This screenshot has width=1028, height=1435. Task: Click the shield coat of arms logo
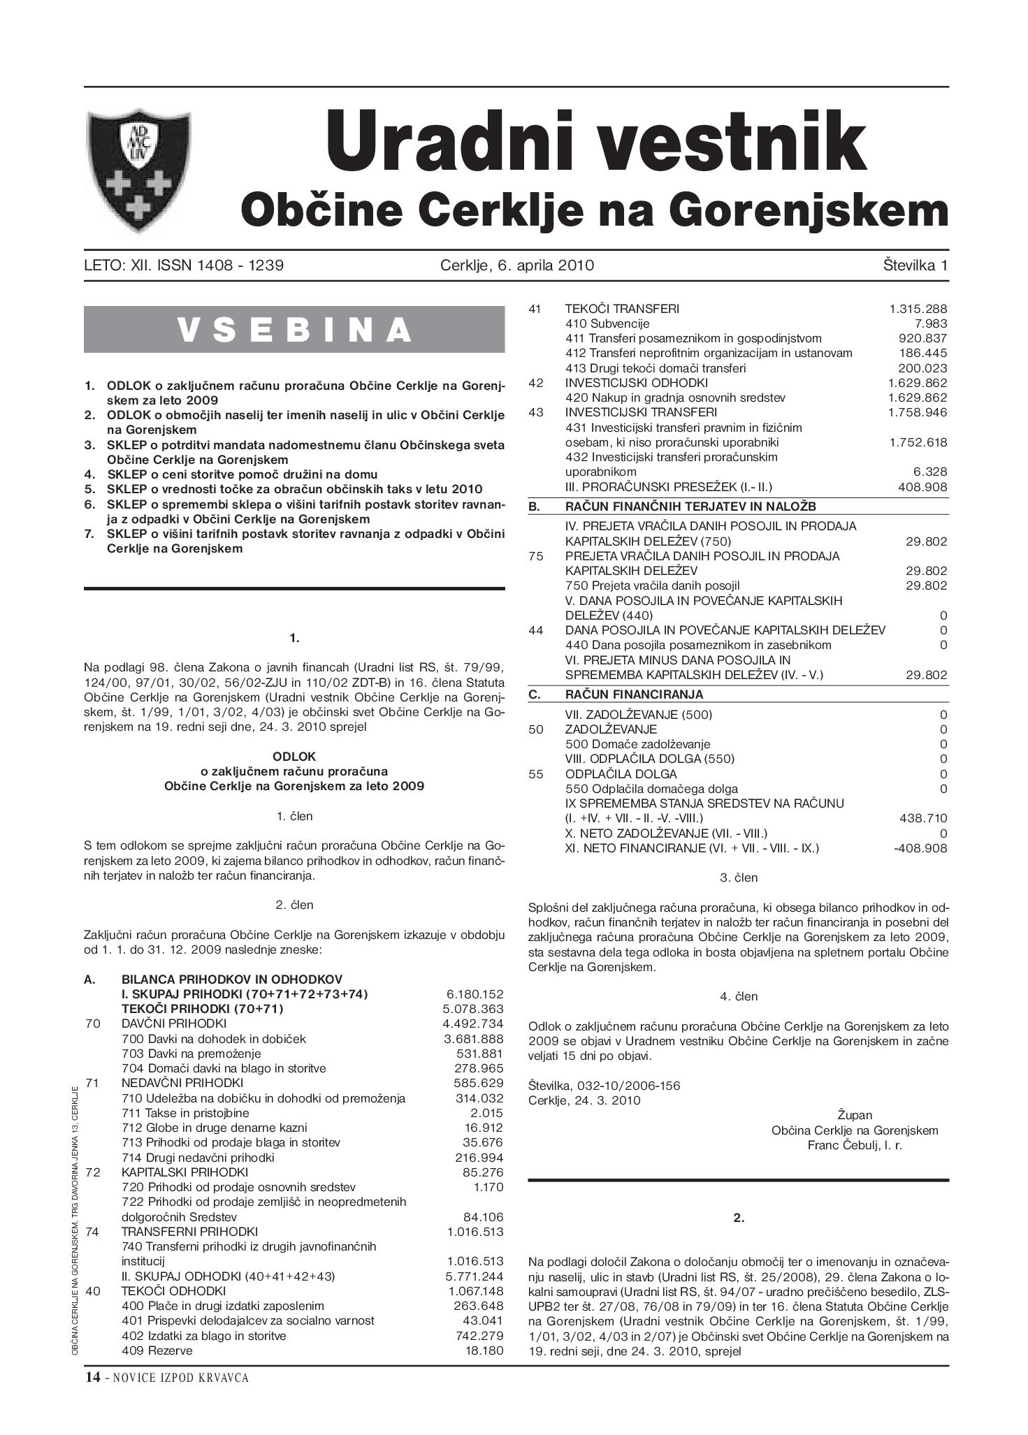(x=138, y=170)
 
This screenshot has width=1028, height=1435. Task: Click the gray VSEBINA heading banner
(x=294, y=329)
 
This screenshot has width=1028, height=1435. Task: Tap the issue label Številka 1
(x=914, y=265)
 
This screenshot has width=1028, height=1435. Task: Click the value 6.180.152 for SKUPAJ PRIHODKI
(x=475, y=993)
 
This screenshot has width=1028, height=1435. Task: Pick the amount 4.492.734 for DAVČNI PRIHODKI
(x=475, y=1024)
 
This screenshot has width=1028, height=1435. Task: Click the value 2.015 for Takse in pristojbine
(x=486, y=1113)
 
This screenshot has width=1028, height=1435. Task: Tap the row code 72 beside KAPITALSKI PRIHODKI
(x=93, y=1172)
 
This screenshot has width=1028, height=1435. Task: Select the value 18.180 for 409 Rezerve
(x=484, y=1350)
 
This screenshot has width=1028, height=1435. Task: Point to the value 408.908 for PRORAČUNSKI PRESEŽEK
(x=922, y=487)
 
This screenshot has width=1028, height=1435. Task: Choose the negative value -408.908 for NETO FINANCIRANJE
(x=920, y=848)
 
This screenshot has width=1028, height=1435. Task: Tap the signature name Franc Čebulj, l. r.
(x=855, y=1145)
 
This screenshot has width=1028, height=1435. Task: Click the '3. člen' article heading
(x=739, y=877)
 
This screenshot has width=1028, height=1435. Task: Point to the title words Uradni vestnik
(x=595, y=142)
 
